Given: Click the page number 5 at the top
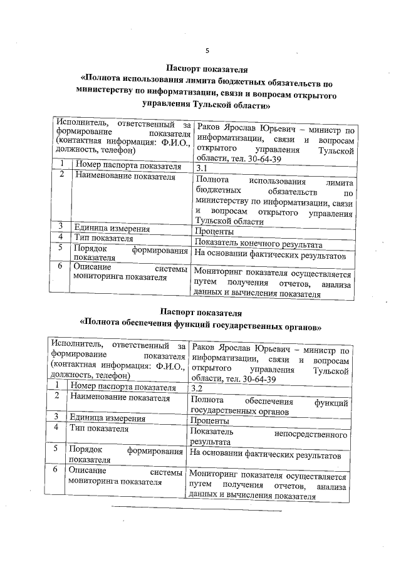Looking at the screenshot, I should [x=207, y=50].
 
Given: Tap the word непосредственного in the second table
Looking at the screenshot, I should [x=311, y=433].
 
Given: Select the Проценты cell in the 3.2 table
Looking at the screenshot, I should [x=209, y=420].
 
